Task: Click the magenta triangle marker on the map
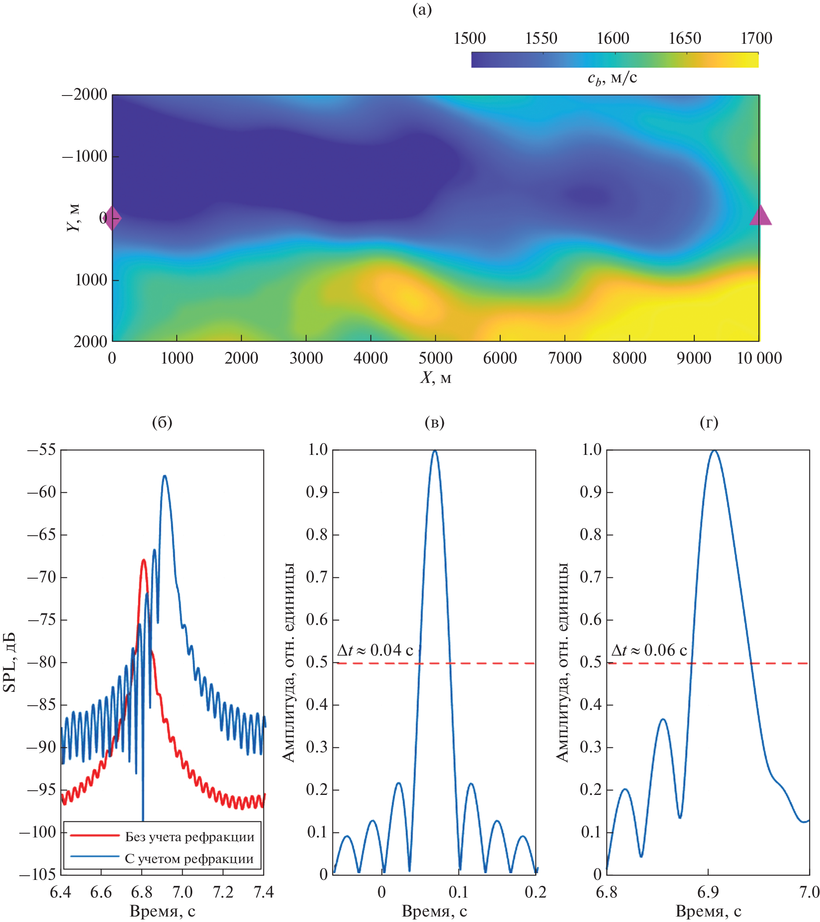[760, 215]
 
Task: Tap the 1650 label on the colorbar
[685, 38]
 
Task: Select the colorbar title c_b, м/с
[612, 78]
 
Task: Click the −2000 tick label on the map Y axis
[85, 95]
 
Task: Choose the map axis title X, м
[436, 377]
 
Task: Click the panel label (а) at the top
[422, 10]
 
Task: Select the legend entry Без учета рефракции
[189, 837]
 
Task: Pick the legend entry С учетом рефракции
[189, 859]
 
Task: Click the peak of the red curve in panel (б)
[144, 560]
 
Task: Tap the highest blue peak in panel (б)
[165, 476]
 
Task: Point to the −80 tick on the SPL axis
[42, 663]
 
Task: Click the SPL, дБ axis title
[10, 662]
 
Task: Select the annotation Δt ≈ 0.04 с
[375, 651]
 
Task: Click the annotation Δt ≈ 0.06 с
[649, 651]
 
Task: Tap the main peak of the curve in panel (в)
[435, 451]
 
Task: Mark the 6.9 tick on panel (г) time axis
[708, 892]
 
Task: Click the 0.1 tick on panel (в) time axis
[459, 892]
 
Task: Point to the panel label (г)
[709, 422]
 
